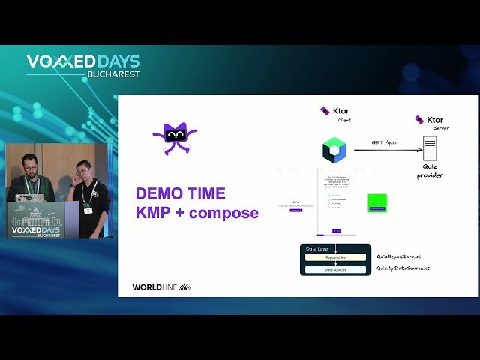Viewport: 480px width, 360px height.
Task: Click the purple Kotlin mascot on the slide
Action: pos(174,138)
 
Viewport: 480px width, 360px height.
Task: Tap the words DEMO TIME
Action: pos(180,193)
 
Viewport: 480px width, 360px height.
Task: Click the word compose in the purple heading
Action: pos(223,213)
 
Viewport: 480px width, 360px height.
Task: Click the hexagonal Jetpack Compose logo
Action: pos(334,150)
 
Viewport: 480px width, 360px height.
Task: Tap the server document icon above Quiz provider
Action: pos(430,148)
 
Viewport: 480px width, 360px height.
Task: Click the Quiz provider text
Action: pos(430,172)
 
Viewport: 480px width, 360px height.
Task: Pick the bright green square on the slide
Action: pos(377,203)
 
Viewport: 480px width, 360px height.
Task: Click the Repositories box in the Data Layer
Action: pos(335,257)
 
